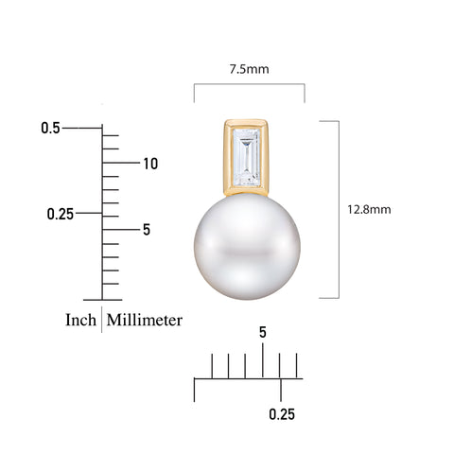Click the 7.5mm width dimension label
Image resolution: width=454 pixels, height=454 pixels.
click(249, 69)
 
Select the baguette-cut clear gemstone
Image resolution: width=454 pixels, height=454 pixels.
click(247, 157)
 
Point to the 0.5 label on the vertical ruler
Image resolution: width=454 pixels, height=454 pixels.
click(50, 128)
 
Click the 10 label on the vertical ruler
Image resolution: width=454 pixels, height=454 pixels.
click(149, 164)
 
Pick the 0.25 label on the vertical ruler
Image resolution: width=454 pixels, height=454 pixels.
click(61, 214)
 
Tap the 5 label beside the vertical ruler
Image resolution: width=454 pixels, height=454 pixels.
click(147, 229)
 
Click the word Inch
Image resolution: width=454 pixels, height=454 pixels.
click(80, 320)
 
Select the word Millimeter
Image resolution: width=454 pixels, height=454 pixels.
click(145, 320)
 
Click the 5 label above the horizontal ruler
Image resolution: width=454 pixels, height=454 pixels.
click(262, 333)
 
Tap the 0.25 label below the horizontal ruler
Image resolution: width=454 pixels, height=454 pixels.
click(282, 414)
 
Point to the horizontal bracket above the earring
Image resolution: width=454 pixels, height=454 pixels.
click(249, 85)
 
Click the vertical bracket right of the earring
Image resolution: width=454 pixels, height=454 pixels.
click(337, 209)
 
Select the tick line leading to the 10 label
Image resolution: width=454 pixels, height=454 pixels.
click(120, 163)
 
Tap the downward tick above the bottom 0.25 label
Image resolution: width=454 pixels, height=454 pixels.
click(281, 389)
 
